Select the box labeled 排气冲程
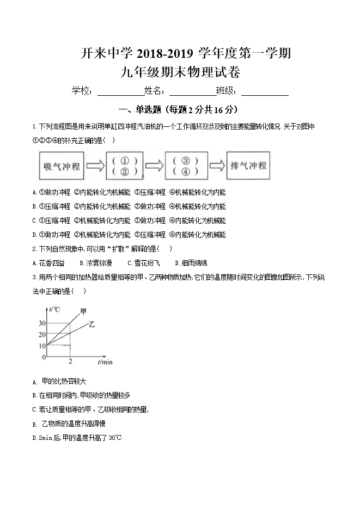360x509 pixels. [x=248, y=165]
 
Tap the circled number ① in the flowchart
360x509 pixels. [x=124, y=161]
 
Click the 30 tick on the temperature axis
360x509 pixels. [x=42, y=323]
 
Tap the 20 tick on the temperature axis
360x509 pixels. [x=42, y=334]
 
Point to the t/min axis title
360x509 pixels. [x=105, y=361]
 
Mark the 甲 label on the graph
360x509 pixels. [x=83, y=311]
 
